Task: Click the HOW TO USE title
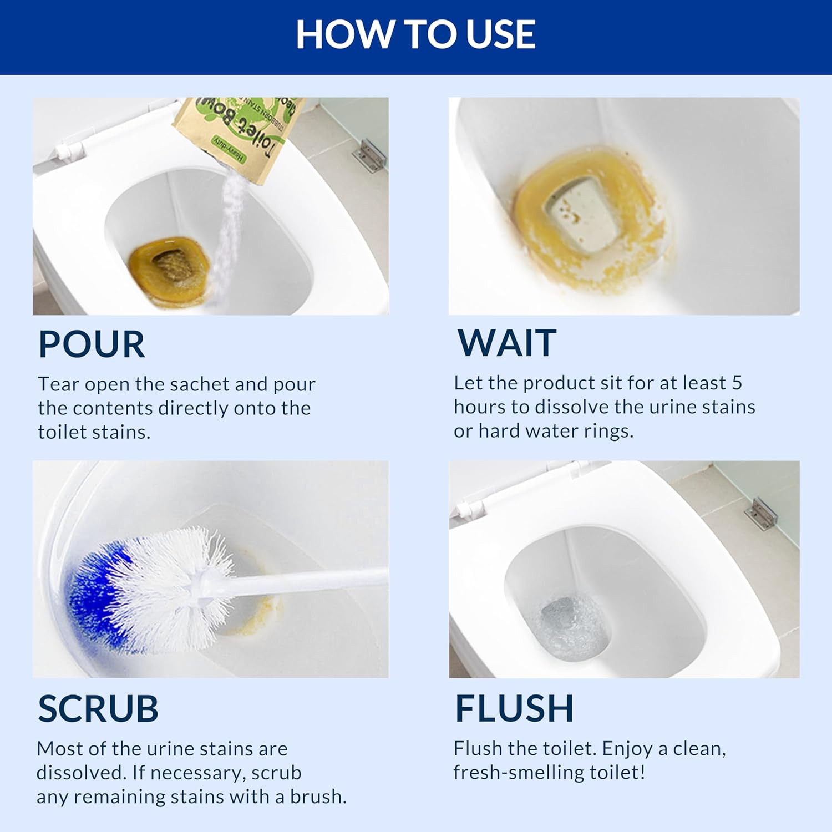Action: click(x=415, y=34)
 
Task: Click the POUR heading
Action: click(x=92, y=344)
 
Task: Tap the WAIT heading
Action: click(x=507, y=343)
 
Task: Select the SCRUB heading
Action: click(x=98, y=708)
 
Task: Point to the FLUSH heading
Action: click(x=514, y=708)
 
